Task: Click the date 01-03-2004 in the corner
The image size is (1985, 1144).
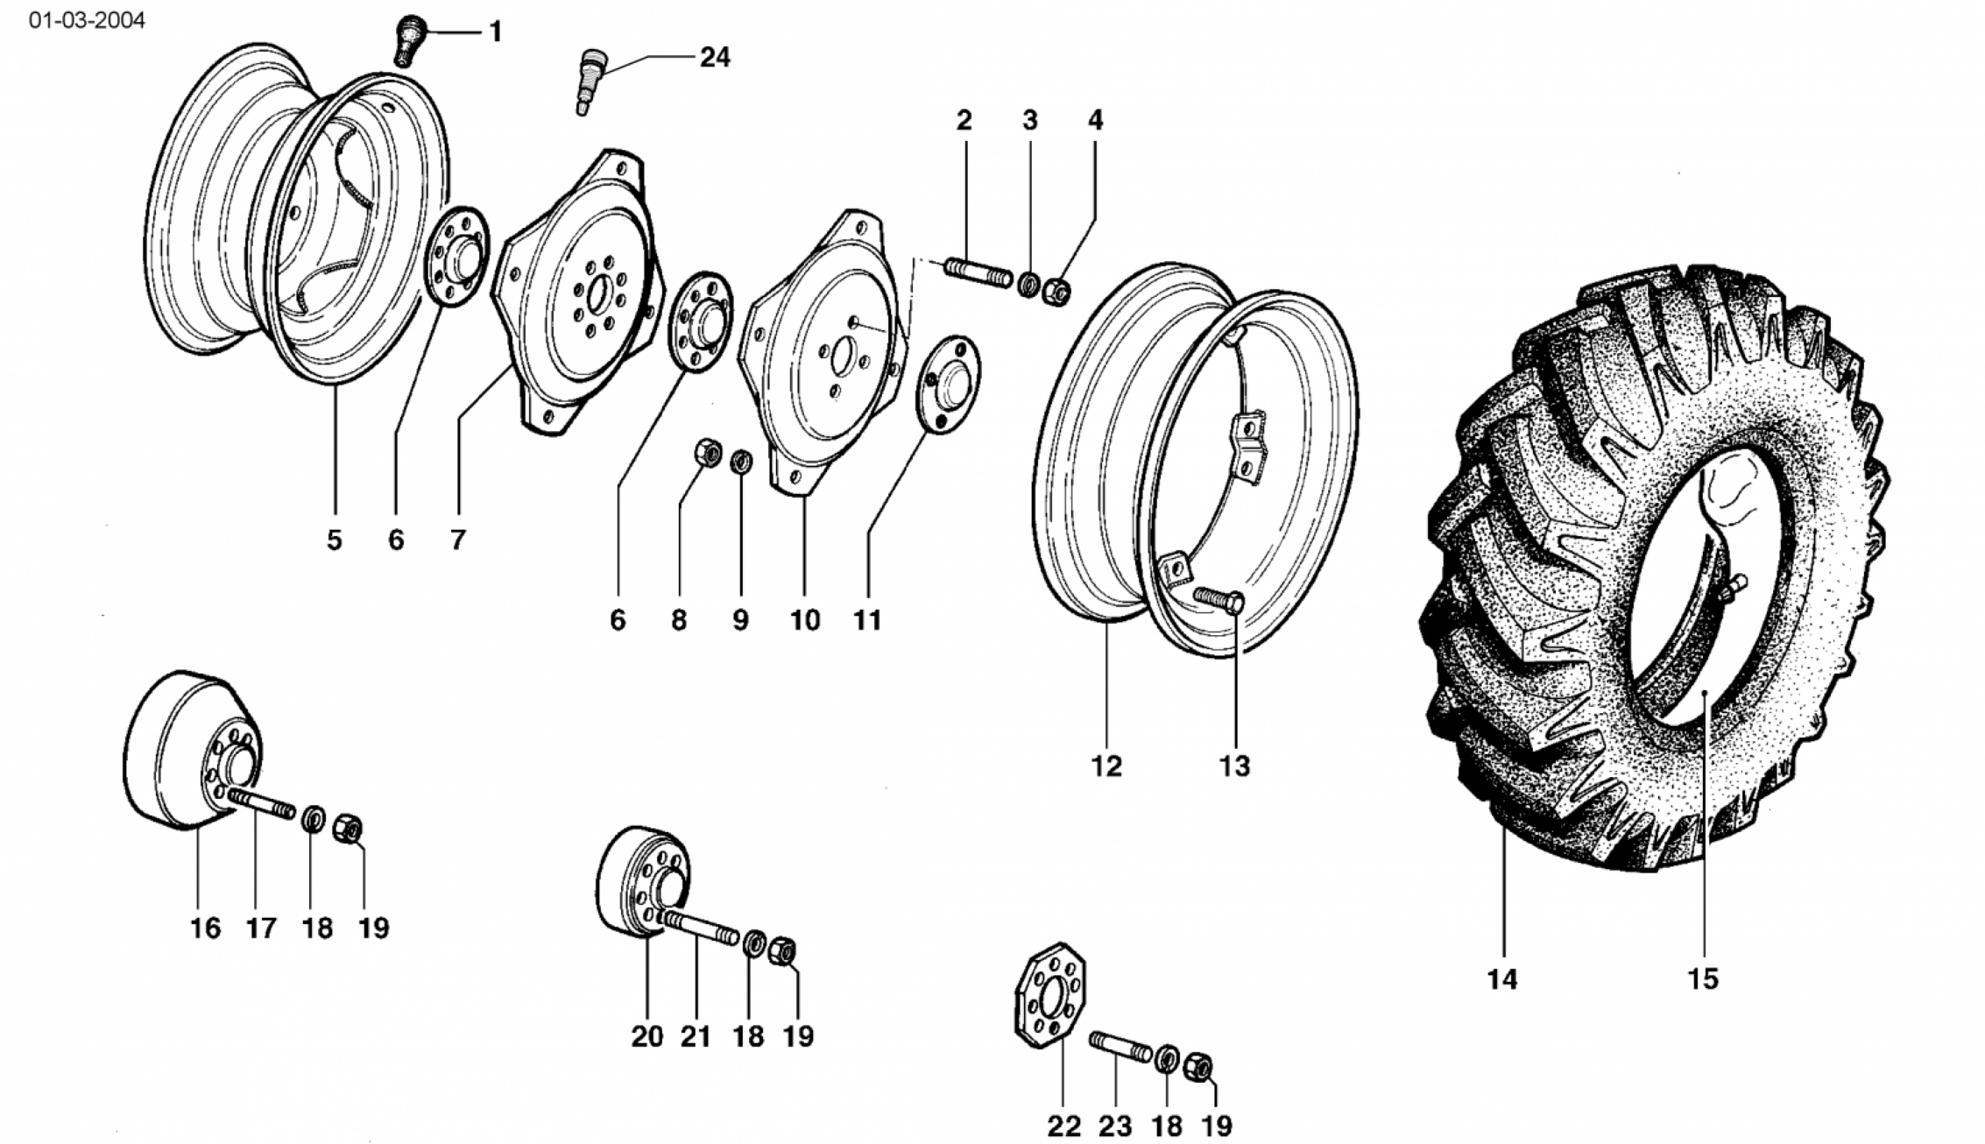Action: [87, 20]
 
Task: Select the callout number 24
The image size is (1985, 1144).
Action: [714, 58]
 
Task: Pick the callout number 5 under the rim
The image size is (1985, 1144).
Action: [334, 540]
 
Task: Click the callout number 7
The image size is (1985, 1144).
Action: [458, 540]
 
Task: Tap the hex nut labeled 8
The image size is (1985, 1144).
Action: [707, 454]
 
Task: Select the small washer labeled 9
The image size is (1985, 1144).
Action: [741, 459]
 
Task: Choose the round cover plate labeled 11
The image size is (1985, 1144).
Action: [948, 382]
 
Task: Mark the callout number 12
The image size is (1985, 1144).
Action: [1106, 766]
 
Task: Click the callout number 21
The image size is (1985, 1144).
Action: [696, 1036]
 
